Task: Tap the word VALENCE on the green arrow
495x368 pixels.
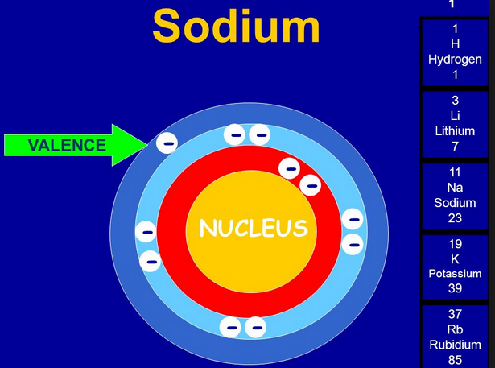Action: coord(67,145)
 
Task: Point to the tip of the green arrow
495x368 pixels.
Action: coord(146,145)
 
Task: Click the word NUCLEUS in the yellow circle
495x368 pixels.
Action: coord(254,229)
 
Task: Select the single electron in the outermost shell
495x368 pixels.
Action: coord(167,143)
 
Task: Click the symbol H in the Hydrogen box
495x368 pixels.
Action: coord(455,43)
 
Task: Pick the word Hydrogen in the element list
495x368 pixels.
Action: coord(455,59)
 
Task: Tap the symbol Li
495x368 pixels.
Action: coord(455,116)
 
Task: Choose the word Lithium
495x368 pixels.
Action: coord(455,131)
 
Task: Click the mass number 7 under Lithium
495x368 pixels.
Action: coord(455,147)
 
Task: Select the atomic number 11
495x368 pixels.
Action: coord(455,172)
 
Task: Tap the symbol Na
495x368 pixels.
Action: coord(455,188)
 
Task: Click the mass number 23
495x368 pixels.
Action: coord(455,218)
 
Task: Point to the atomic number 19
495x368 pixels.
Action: coord(455,244)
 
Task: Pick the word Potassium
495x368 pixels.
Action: coord(455,274)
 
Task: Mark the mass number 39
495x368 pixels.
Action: coord(455,289)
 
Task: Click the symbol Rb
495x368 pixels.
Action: coord(455,329)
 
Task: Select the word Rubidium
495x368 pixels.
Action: coord(455,345)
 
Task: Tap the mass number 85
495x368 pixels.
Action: coord(455,360)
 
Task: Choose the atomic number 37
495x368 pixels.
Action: coord(455,314)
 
